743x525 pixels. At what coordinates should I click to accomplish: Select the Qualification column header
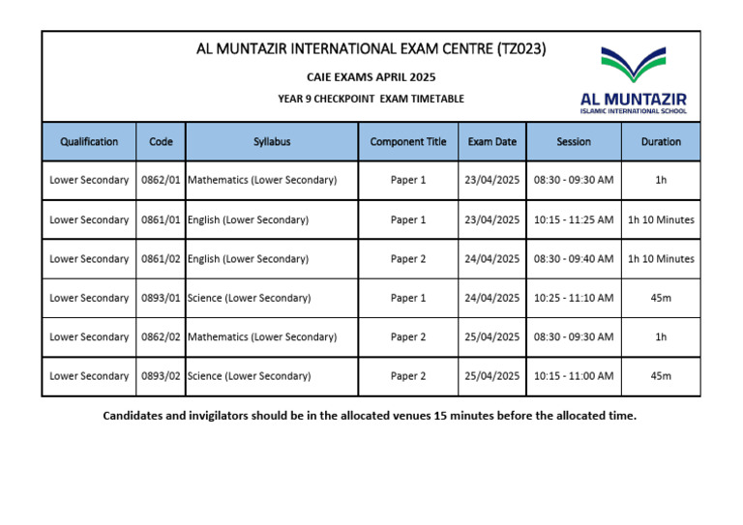point(89,141)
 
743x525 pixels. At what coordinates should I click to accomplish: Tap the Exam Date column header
point(491,141)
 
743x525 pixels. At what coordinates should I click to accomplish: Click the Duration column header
point(661,141)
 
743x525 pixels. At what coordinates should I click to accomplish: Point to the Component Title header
point(408,141)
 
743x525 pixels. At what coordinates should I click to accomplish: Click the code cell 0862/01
point(161,180)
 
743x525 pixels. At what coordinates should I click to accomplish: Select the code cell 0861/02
point(161,258)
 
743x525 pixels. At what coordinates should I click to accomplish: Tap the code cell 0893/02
point(161,376)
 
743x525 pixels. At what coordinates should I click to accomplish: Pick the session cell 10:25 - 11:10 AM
point(574,298)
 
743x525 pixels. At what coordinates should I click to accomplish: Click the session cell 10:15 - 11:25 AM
point(574,219)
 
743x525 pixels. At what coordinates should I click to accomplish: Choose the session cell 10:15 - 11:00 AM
point(574,376)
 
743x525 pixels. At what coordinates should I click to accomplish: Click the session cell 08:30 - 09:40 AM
point(574,258)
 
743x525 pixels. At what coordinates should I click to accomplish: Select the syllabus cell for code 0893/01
point(249,298)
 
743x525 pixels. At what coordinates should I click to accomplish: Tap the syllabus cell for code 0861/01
point(248,219)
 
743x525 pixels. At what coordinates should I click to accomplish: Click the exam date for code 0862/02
point(491,336)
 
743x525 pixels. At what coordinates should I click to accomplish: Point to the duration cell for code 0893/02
point(661,376)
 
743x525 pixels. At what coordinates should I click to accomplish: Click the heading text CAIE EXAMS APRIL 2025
point(371,76)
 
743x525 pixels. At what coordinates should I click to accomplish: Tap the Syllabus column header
point(272,141)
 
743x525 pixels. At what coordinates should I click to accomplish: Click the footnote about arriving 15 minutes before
point(371,416)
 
